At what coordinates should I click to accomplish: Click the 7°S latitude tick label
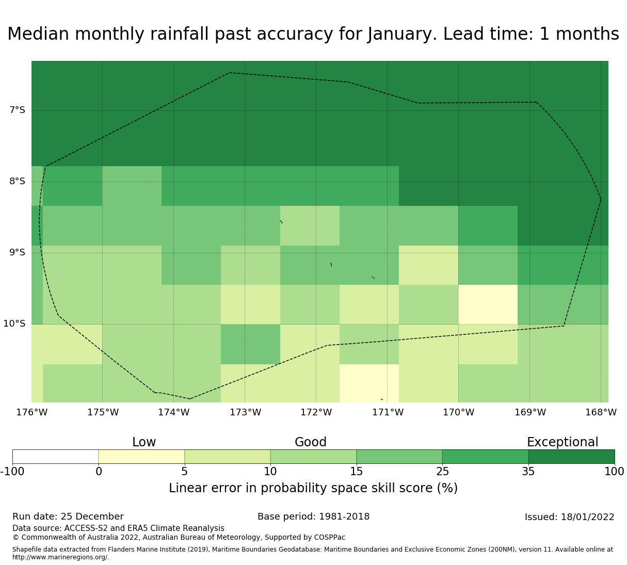click(x=17, y=110)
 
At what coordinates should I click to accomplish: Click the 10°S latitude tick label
click(x=14, y=324)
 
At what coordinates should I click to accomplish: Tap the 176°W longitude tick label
click(x=31, y=412)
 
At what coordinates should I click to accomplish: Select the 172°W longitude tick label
click(x=316, y=412)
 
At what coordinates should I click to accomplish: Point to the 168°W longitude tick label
click(x=601, y=412)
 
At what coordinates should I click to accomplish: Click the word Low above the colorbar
click(x=144, y=442)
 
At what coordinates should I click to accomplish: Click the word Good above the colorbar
click(x=311, y=442)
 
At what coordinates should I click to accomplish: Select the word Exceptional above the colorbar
click(x=562, y=442)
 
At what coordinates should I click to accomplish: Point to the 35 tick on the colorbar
click(x=528, y=471)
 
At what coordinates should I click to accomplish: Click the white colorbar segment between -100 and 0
click(x=55, y=457)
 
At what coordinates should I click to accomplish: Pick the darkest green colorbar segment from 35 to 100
click(x=571, y=457)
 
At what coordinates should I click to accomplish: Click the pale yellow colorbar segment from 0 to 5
click(x=141, y=457)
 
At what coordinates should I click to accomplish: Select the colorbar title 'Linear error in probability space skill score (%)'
click(x=313, y=488)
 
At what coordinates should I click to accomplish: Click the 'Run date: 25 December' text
click(x=68, y=516)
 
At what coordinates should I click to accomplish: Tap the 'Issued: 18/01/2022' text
click(x=569, y=517)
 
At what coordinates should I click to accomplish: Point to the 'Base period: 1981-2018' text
click(x=313, y=516)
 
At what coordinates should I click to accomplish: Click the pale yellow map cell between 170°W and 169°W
click(x=488, y=304)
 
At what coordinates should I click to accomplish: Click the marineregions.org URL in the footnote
click(x=60, y=557)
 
